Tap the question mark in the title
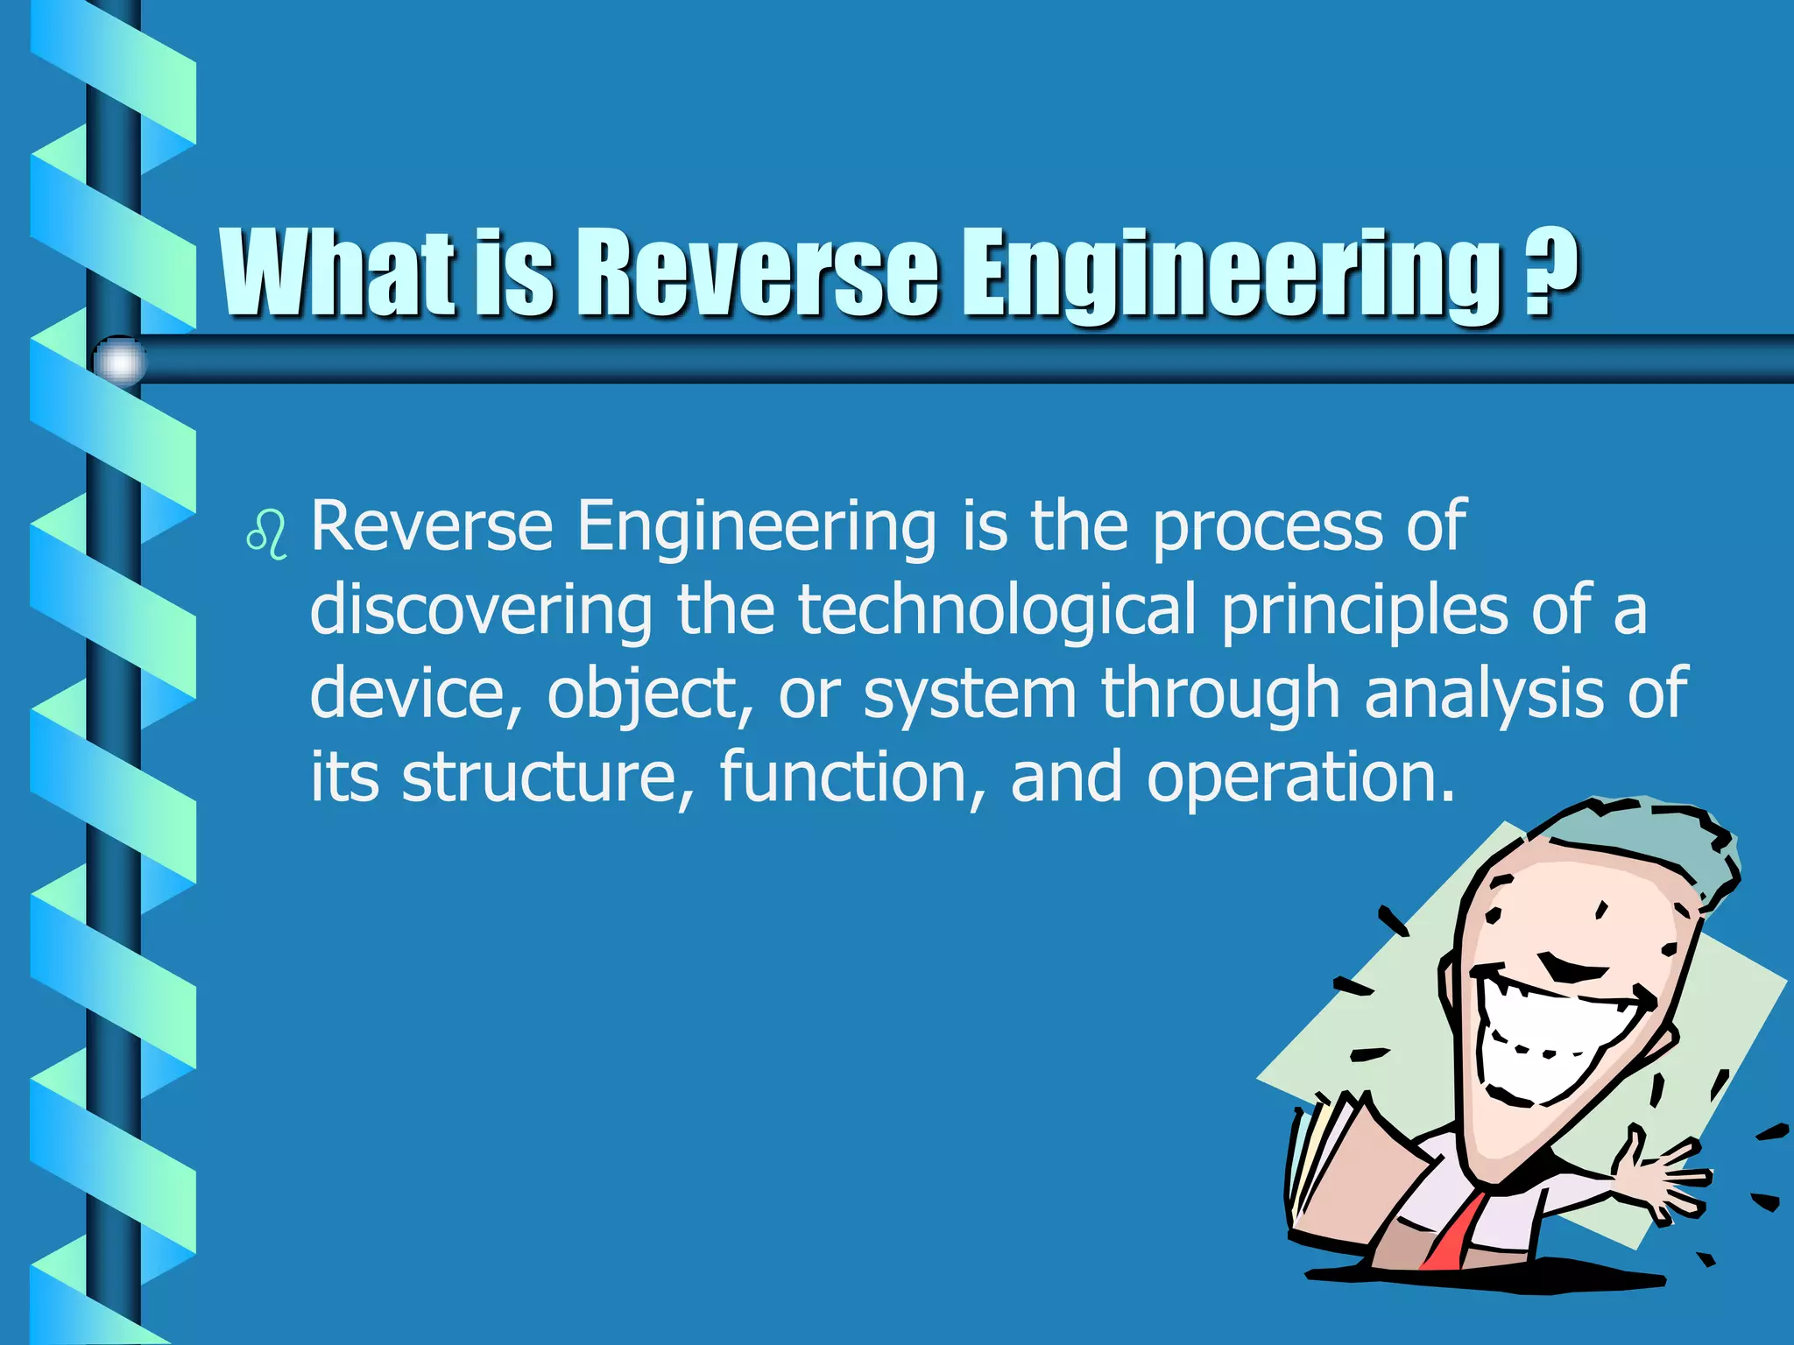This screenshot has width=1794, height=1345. tap(1550, 273)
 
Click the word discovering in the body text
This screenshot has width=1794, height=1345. tap(481, 610)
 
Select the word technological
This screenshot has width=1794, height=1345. tap(997, 610)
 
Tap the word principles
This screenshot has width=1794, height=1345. tap(1364, 610)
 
